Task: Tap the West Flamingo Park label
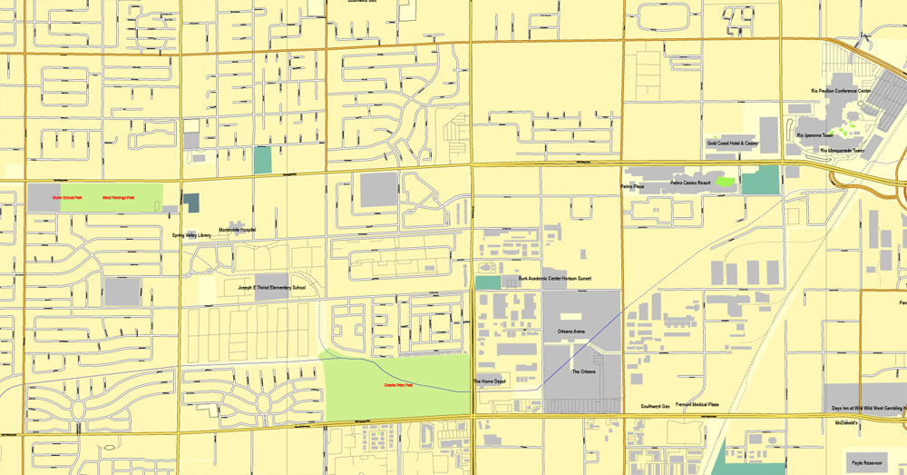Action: click(x=120, y=197)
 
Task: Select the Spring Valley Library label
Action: click(x=191, y=235)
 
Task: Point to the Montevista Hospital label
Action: click(x=237, y=230)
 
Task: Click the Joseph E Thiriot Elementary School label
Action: click(x=272, y=288)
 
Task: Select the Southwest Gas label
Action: click(x=655, y=406)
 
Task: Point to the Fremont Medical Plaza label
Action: click(x=697, y=404)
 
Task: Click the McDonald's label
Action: click(x=847, y=423)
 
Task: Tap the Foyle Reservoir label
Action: click(x=869, y=462)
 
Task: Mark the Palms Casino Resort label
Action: click(x=690, y=183)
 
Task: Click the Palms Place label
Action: click(x=632, y=187)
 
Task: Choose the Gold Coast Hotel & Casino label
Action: click(x=732, y=143)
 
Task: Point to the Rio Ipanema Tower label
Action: click(x=814, y=135)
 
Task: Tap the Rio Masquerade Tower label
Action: click(x=843, y=151)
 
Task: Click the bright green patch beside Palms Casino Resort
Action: click(x=725, y=182)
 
